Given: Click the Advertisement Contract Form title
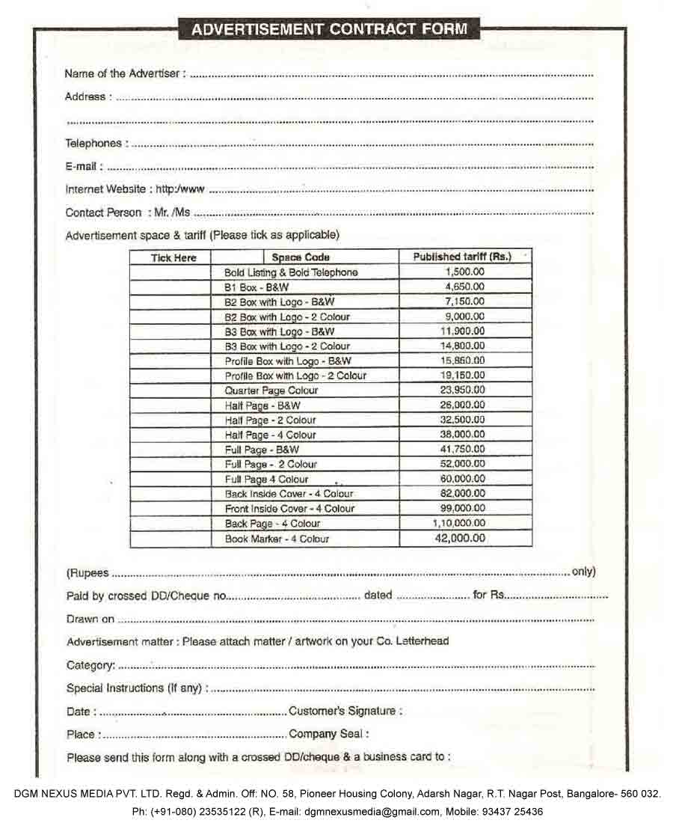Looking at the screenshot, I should click(330, 29).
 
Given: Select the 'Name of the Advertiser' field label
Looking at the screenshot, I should click(124, 73).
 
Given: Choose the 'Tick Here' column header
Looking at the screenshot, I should click(173, 258).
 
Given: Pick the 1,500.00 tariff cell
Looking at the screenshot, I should click(464, 272).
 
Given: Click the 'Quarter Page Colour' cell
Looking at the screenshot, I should click(271, 391).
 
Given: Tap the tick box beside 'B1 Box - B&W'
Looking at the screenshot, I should click(170, 287).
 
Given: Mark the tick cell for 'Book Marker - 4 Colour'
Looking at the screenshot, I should click(170, 539).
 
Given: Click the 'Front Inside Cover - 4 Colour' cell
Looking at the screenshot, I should click(289, 509).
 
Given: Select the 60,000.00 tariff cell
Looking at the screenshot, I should click(464, 479).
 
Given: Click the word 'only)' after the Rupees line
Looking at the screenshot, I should click(583, 572).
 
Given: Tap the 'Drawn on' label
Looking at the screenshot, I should click(90, 619).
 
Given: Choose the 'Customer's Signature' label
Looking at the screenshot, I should click(345, 711).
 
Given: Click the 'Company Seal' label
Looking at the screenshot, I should click(328, 734).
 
